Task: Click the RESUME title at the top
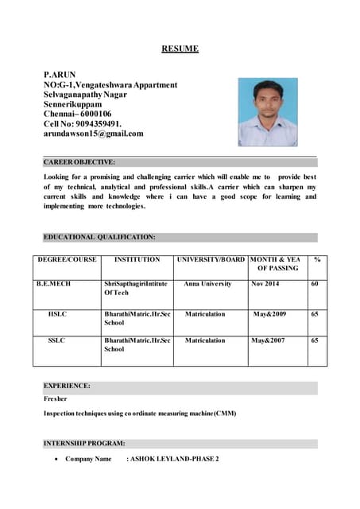click(180, 49)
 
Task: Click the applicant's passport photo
click(268, 112)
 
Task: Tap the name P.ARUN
click(60, 74)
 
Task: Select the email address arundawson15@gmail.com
click(93, 134)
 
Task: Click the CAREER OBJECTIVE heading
click(79, 162)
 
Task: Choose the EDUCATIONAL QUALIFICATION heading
click(99, 237)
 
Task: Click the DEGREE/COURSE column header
click(67, 260)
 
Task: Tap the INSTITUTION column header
click(137, 260)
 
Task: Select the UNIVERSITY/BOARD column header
click(211, 260)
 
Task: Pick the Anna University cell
click(207, 283)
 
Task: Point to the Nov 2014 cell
click(265, 283)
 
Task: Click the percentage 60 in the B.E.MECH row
click(315, 283)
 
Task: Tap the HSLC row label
click(56, 314)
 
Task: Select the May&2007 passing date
click(267, 340)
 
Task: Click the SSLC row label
click(56, 340)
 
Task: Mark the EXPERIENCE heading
click(67, 386)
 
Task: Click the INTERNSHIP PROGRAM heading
click(84, 443)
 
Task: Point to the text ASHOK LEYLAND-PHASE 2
click(172, 459)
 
